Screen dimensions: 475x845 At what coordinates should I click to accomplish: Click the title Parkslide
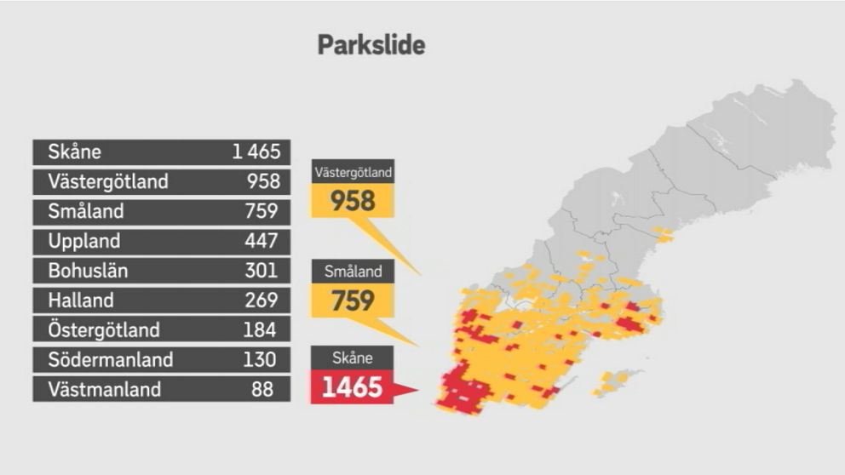click(371, 45)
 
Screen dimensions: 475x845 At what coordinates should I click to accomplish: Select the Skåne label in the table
click(75, 152)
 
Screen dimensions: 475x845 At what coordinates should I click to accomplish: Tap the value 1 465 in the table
click(256, 152)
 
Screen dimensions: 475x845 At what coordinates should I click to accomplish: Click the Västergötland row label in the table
click(108, 182)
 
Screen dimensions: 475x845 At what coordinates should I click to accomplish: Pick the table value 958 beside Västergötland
click(263, 182)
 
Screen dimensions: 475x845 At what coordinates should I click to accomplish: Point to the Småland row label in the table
click(86, 211)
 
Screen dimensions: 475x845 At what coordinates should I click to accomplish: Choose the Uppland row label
click(84, 241)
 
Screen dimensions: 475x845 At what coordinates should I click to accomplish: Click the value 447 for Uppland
click(261, 241)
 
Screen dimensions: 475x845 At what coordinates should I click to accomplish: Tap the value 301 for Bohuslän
click(261, 271)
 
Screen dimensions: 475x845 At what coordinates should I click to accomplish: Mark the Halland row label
click(81, 300)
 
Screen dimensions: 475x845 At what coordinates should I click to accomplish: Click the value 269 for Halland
click(261, 300)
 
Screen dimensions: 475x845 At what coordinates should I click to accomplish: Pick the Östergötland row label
click(104, 330)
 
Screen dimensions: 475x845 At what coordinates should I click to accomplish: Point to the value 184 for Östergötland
click(261, 330)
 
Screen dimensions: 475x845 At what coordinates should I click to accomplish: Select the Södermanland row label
click(111, 360)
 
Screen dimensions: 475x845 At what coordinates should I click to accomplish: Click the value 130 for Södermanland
click(260, 360)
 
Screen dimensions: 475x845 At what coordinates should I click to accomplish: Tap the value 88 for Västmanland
click(263, 390)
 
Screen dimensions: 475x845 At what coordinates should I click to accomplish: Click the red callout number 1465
click(353, 388)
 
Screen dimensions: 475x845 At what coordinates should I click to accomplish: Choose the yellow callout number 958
click(353, 201)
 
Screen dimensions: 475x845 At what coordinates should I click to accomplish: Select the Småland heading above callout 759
click(353, 272)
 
